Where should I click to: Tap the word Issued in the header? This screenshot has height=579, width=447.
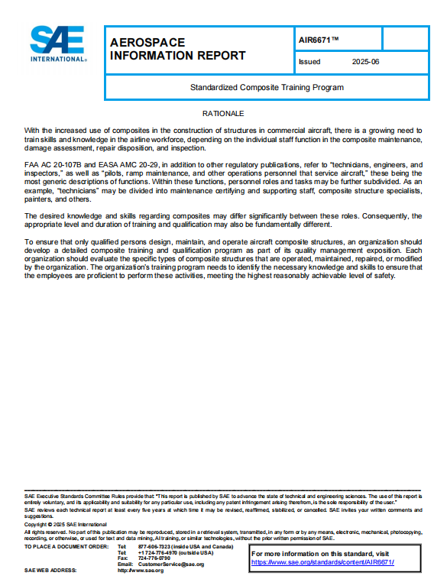[x=309, y=61]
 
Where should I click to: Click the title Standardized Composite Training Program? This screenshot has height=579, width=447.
[x=267, y=87]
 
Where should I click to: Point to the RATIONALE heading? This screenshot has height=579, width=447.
[x=223, y=113]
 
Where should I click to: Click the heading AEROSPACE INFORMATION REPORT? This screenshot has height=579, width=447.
[x=177, y=48]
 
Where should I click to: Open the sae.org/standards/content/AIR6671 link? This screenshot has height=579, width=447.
[x=322, y=562]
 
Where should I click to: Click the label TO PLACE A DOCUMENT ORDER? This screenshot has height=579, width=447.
[x=66, y=547]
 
